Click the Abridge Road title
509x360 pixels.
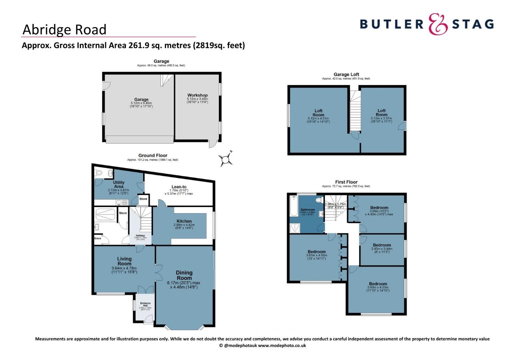tap(64, 30)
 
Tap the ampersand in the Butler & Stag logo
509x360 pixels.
tap(438, 24)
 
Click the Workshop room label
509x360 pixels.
tap(197, 95)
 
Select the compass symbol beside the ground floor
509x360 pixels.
tap(226, 159)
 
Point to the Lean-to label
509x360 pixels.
tap(179, 187)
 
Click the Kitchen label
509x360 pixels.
tap(184, 221)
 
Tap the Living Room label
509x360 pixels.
tap(124, 261)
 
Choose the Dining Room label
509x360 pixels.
tap(184, 275)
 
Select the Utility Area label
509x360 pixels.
tap(119, 184)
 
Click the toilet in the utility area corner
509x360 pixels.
tap(99, 173)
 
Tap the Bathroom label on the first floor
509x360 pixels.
tap(307, 210)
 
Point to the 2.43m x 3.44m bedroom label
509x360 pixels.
tap(382, 245)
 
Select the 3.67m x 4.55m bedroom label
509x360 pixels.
tap(316, 252)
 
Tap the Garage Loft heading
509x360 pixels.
tap(346, 74)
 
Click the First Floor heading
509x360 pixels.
tap(346, 182)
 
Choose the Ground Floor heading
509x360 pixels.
tap(153, 155)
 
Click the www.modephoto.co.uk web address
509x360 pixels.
tap(282, 346)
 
